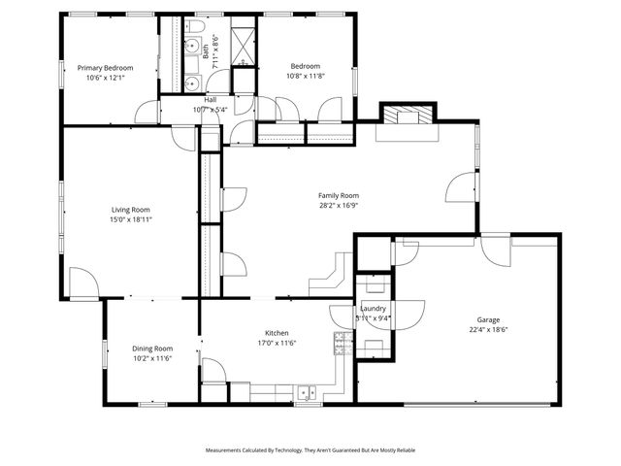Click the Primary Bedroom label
tap(105, 68)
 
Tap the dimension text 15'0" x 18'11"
tap(130, 219)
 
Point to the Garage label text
tap(487, 319)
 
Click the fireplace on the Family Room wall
tap(407, 116)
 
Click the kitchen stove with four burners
tap(343, 343)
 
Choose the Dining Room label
tap(152, 349)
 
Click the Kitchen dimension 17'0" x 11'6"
tap(277, 343)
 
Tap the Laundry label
tap(374, 308)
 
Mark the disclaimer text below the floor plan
tap(310, 450)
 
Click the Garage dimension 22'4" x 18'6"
tap(487, 329)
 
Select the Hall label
tap(210, 100)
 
